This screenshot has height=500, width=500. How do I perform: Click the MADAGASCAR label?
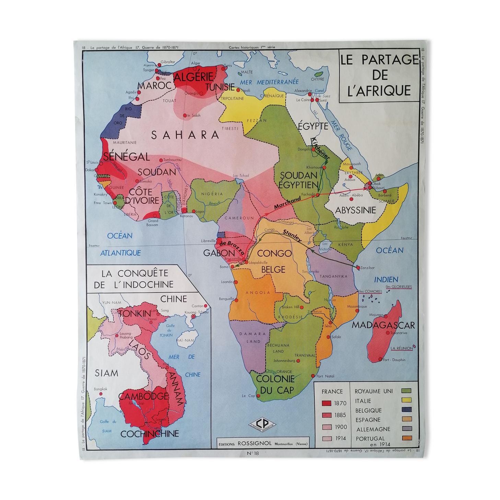[x=383, y=325]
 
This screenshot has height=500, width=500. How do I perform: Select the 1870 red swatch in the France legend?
[x=326, y=403]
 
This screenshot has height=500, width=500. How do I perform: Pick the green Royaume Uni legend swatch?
[x=406, y=391]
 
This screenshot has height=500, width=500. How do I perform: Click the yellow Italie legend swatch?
[x=406, y=400]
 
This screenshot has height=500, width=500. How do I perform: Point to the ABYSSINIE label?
[x=356, y=210]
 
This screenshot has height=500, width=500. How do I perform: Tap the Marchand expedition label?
[x=287, y=204]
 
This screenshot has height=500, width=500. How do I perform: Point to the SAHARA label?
[x=185, y=135]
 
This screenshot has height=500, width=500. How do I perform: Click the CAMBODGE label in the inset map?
[x=143, y=396]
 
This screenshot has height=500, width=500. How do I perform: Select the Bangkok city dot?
[x=101, y=394]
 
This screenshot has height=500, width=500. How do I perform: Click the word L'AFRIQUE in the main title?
[x=379, y=90]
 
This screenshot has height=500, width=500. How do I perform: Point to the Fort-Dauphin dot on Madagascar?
[x=380, y=360]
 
